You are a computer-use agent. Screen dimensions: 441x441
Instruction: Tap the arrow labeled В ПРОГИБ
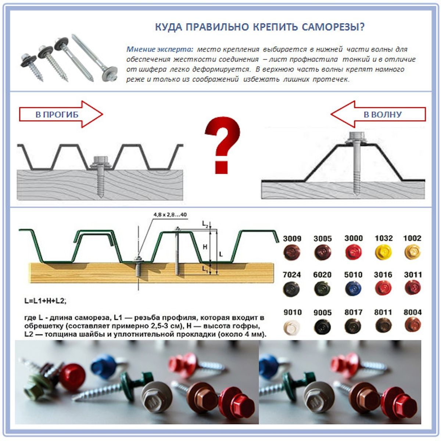61,114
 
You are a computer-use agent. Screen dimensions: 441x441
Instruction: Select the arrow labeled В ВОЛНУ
378,114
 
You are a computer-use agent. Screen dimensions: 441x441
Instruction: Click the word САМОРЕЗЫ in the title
333,27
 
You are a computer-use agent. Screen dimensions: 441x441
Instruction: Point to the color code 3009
292,239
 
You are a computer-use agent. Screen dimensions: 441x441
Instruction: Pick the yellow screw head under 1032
383,252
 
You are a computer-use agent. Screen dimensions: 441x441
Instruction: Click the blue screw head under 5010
353,289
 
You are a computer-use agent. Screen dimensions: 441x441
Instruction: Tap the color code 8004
412,312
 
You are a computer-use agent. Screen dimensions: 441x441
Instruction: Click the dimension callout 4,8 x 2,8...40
170,215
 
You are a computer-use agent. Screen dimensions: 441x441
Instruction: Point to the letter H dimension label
205,247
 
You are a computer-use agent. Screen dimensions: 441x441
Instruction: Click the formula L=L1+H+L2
45,301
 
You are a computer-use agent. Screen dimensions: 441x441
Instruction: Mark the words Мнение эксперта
160,49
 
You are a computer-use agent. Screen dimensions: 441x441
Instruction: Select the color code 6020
322,275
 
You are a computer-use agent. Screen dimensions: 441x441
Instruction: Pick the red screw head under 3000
353,252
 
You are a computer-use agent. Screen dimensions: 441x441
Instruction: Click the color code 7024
291,275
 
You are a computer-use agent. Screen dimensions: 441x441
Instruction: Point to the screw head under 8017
353,326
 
